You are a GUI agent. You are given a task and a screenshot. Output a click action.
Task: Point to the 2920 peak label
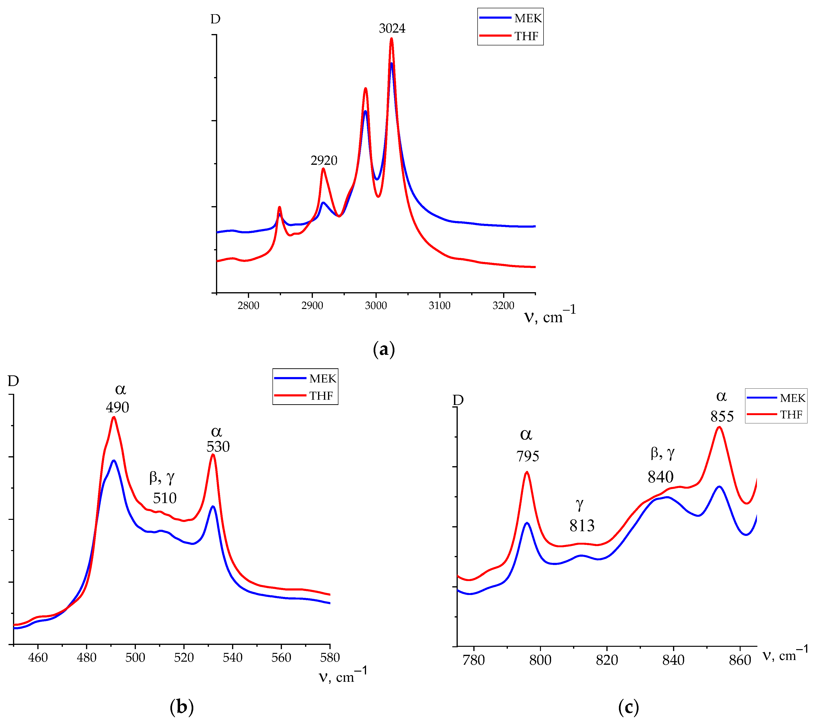[324, 161]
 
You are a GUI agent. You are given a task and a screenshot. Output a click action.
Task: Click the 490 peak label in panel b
[117, 408]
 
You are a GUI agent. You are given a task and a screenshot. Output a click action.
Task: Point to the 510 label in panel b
[164, 498]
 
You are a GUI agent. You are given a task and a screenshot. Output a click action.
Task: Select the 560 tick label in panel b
[281, 657]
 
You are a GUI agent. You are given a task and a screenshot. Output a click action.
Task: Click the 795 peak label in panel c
[527, 456]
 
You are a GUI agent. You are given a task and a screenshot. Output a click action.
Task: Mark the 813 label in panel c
[582, 526]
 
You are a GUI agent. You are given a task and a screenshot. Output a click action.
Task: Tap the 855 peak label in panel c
[722, 417]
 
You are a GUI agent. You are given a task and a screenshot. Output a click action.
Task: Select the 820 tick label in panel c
[607, 660]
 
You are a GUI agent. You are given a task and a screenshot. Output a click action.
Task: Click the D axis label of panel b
[13, 381]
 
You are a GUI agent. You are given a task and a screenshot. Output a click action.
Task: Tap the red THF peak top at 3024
[391, 39]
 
